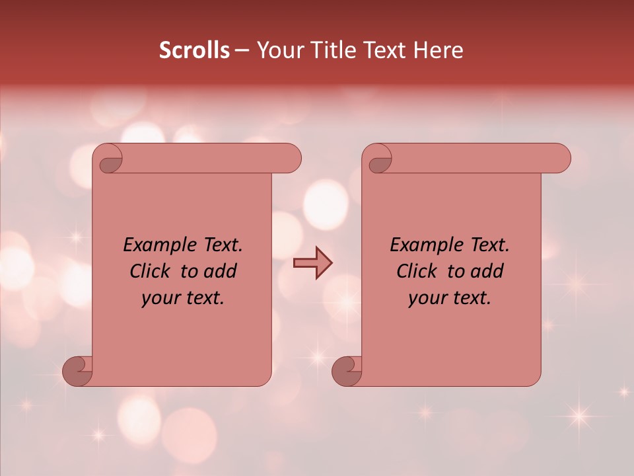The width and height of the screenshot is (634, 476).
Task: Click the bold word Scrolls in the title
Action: click(x=194, y=50)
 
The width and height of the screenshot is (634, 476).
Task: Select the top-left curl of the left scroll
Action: click(x=109, y=160)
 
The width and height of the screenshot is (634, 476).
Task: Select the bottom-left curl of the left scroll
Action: click(x=78, y=371)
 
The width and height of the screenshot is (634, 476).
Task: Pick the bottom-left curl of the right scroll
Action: click(x=347, y=371)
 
